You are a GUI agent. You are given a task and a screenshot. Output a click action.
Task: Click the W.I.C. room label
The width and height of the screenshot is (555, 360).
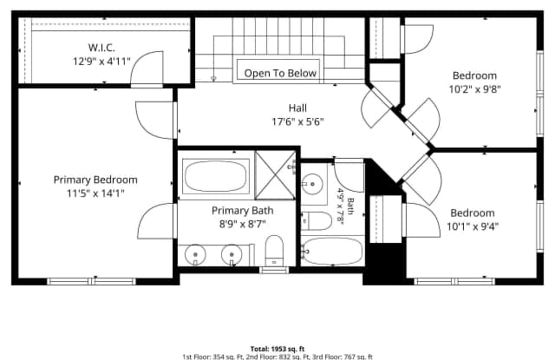coord(101,48)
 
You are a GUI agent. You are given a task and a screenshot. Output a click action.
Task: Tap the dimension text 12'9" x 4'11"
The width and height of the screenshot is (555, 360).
coord(101,62)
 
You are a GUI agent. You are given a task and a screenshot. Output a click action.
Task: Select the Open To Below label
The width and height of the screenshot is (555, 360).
coord(280,73)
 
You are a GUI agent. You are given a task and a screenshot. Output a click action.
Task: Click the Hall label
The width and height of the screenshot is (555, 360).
coord(297,108)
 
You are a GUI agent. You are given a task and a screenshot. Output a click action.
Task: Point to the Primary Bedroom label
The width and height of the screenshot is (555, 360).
coord(95,180)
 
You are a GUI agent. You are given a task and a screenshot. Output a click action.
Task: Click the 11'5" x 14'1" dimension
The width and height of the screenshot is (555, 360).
coord(95,193)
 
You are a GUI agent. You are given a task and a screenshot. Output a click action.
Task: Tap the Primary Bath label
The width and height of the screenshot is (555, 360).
coord(243,211)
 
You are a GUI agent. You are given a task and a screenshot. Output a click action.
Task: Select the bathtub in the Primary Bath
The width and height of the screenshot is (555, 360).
coord(216,176)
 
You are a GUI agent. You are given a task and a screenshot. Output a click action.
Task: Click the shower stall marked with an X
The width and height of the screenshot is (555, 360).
coord(275,175)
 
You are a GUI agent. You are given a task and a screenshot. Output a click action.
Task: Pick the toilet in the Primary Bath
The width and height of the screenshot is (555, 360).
coord(274,251)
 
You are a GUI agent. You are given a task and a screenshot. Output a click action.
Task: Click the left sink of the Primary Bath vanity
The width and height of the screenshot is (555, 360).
coord(195,254)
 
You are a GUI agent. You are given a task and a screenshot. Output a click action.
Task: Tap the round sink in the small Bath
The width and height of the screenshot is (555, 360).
coord(312,184)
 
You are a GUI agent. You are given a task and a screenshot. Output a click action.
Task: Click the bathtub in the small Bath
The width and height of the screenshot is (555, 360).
coord(333,251)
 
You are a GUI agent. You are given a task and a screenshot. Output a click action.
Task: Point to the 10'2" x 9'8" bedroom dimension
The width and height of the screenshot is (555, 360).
coord(474,89)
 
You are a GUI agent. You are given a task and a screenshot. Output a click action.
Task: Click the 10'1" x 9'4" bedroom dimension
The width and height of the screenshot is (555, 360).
coord(473,226)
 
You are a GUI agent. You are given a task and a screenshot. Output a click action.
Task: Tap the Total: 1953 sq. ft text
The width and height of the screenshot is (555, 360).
coord(277,349)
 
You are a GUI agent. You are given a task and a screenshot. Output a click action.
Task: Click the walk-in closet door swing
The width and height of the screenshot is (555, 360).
coord(147,69)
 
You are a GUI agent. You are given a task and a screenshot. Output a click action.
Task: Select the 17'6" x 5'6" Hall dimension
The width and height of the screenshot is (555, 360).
coord(297,121)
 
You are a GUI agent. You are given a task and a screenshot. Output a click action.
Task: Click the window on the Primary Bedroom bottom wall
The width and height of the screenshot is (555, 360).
coord(92,281)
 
